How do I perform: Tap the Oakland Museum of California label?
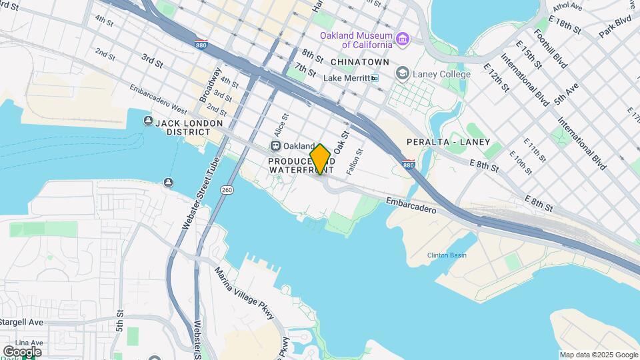point(355,40)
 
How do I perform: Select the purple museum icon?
point(403,40)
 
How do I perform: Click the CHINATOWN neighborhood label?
point(359,61)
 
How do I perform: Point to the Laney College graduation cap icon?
point(403,73)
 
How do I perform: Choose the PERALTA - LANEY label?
point(448,142)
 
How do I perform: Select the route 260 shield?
point(227,191)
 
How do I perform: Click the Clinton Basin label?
point(447,255)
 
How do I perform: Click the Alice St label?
point(280,125)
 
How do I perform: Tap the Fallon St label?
point(360,162)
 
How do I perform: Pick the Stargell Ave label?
point(21,322)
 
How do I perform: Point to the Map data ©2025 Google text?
point(598,355)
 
